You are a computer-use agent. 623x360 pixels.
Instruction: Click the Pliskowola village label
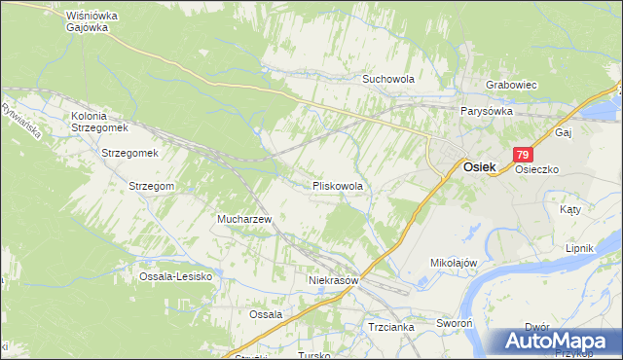[x=338, y=185]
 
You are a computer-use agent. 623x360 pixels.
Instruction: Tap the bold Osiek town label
[x=479, y=166]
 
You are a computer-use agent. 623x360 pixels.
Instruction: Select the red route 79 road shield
[x=524, y=155]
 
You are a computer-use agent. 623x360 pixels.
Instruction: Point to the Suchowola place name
[x=388, y=78]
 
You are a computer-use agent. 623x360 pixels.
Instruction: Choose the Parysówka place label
[x=487, y=111]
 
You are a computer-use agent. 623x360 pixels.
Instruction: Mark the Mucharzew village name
[x=248, y=220]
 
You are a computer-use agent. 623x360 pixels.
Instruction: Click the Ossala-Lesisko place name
[x=175, y=276]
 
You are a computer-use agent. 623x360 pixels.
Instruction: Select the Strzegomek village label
[x=129, y=154]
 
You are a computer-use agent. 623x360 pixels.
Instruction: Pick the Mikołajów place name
[x=453, y=263]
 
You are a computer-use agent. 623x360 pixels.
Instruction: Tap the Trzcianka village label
[x=391, y=327]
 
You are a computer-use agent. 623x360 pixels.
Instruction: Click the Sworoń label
[x=454, y=321]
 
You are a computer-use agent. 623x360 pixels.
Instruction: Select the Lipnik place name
[x=579, y=248]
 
